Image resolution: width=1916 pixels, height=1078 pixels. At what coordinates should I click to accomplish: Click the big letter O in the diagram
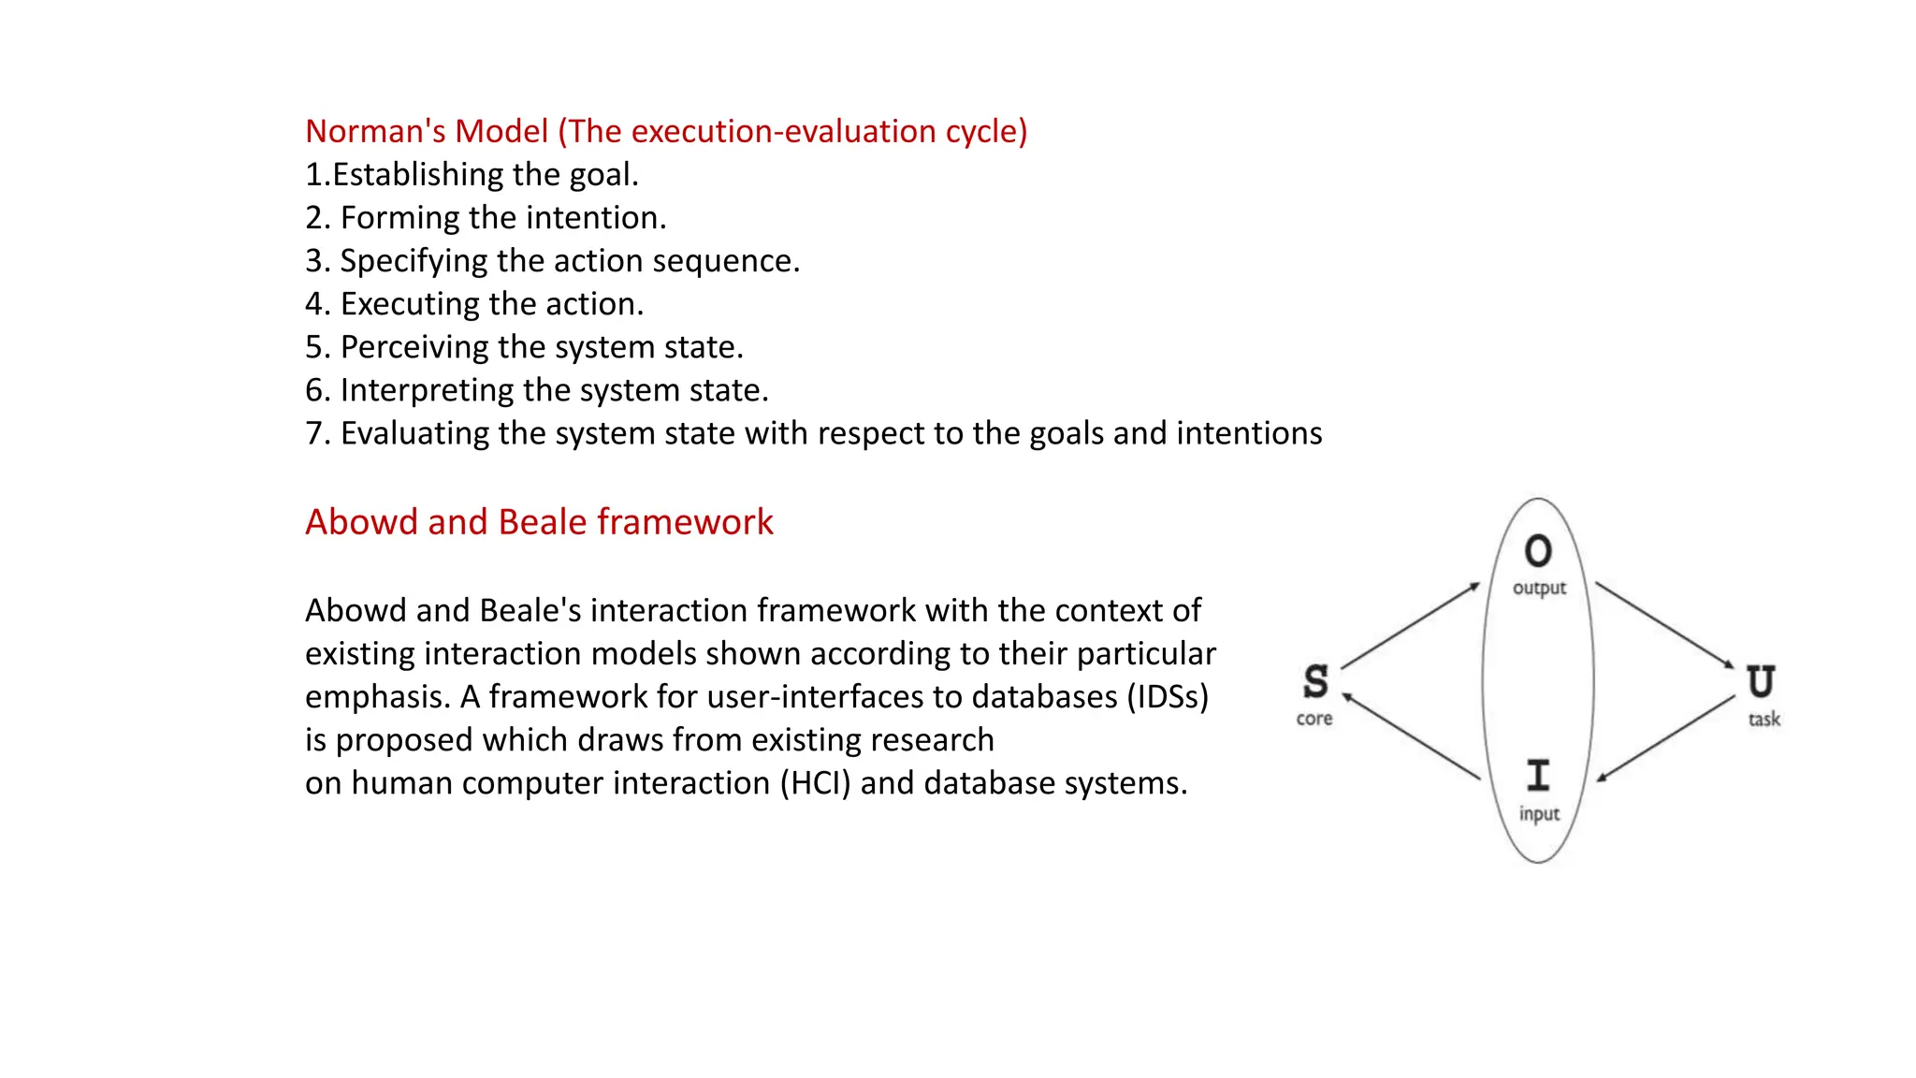tap(1538, 551)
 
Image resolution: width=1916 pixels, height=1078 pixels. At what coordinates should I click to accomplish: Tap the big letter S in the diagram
tap(1315, 682)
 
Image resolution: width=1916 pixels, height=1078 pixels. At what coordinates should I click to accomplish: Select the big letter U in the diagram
tap(1761, 682)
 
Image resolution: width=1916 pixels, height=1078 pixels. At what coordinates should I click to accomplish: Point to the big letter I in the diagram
tap(1538, 776)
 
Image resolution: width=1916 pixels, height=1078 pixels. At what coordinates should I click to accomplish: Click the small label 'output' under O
tap(1539, 589)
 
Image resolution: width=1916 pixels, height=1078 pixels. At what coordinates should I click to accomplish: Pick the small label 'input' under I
tap(1539, 814)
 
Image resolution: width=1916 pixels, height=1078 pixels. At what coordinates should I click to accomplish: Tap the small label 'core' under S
tap(1314, 719)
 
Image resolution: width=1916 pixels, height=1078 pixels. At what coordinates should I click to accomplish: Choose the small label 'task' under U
tap(1764, 720)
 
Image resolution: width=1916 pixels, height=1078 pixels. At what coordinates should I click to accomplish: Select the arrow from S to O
tap(1411, 625)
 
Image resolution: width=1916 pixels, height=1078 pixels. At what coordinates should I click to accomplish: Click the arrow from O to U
tap(1665, 625)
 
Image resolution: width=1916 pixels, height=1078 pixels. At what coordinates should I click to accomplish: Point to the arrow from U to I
tap(1666, 738)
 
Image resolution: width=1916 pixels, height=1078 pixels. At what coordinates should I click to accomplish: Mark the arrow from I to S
tap(1411, 736)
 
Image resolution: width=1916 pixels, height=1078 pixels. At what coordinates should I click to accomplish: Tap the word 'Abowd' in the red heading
tap(361, 522)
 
